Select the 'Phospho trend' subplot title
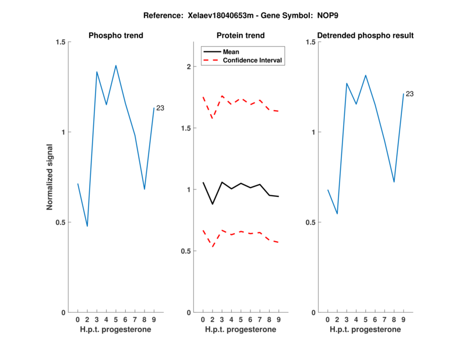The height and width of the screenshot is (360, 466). point(116,36)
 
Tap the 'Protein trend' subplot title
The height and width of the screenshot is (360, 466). point(241,36)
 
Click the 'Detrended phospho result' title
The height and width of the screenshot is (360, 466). point(365,36)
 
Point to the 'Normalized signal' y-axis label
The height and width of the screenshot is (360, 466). point(50,177)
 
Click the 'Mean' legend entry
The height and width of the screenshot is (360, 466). point(231,51)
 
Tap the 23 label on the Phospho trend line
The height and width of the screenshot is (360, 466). point(160,108)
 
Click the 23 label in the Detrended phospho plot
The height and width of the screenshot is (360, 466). point(409,94)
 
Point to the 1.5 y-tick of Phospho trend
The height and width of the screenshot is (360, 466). point(61,42)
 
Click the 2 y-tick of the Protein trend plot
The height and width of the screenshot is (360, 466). point(188,66)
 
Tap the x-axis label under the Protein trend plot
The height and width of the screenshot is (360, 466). point(241,330)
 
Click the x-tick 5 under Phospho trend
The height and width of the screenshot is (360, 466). point(116,320)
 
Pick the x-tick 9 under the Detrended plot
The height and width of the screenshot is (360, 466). point(403,320)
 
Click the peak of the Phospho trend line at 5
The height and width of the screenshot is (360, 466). point(116,65)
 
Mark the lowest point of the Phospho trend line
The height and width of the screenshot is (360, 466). point(87,226)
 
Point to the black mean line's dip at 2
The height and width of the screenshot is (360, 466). point(213,204)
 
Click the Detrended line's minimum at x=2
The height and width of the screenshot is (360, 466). point(337,214)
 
